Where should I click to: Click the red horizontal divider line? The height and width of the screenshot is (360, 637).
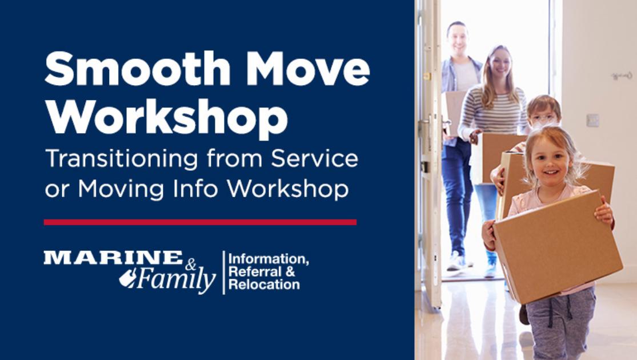pos(200,222)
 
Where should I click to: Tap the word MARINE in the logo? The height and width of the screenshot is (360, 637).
pos(113,258)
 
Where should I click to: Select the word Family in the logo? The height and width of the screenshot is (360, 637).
pos(174,280)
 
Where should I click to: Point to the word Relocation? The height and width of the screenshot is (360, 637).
pos(264,285)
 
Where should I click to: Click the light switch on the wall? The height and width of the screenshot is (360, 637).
pos(593,120)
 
